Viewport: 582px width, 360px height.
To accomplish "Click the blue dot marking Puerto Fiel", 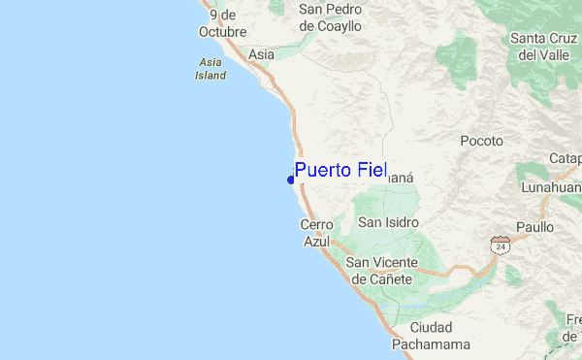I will tap(291, 180).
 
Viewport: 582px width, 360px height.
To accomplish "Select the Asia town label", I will tap(261, 54).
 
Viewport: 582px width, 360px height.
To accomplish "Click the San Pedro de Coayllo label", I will tap(330, 17).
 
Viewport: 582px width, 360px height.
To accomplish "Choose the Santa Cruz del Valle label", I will tap(543, 47).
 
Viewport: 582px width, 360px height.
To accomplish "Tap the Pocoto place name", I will tap(481, 140).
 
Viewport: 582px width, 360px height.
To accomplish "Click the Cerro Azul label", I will tap(317, 233).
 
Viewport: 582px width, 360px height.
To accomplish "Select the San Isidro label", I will tap(388, 222).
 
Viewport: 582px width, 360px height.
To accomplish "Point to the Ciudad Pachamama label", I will tap(432, 335).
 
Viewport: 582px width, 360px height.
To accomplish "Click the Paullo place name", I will tap(534, 226).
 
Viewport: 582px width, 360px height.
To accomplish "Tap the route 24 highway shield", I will tap(500, 245).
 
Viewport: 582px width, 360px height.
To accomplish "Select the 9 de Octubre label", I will tap(222, 22).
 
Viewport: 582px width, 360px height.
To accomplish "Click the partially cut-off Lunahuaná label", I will tap(550, 186).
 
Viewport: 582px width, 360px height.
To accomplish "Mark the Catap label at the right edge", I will tap(565, 158).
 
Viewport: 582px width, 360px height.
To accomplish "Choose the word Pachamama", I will tap(432, 344).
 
